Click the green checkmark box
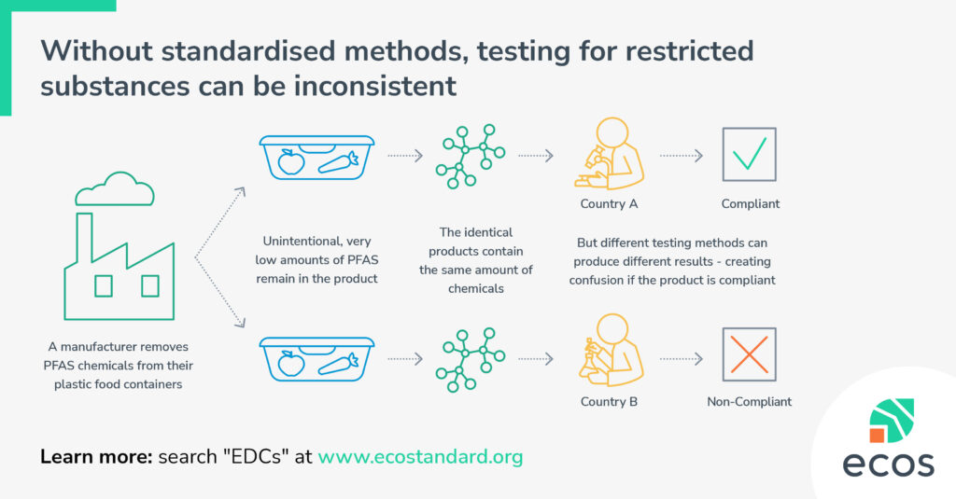point(749,154)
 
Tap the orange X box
point(749,354)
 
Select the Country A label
point(609,203)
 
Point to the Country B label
point(609,401)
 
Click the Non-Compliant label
point(750,401)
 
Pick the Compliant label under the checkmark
point(750,203)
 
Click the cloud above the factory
point(115,189)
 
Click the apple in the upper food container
point(291,161)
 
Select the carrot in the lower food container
point(338,364)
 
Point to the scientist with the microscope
point(609,154)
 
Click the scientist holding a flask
point(611,351)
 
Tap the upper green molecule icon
point(471,156)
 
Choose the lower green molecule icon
point(471,359)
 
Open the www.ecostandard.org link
point(420,456)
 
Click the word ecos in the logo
point(888,464)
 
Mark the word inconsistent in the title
point(375,85)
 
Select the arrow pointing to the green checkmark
point(681,156)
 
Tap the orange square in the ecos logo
point(878,435)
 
